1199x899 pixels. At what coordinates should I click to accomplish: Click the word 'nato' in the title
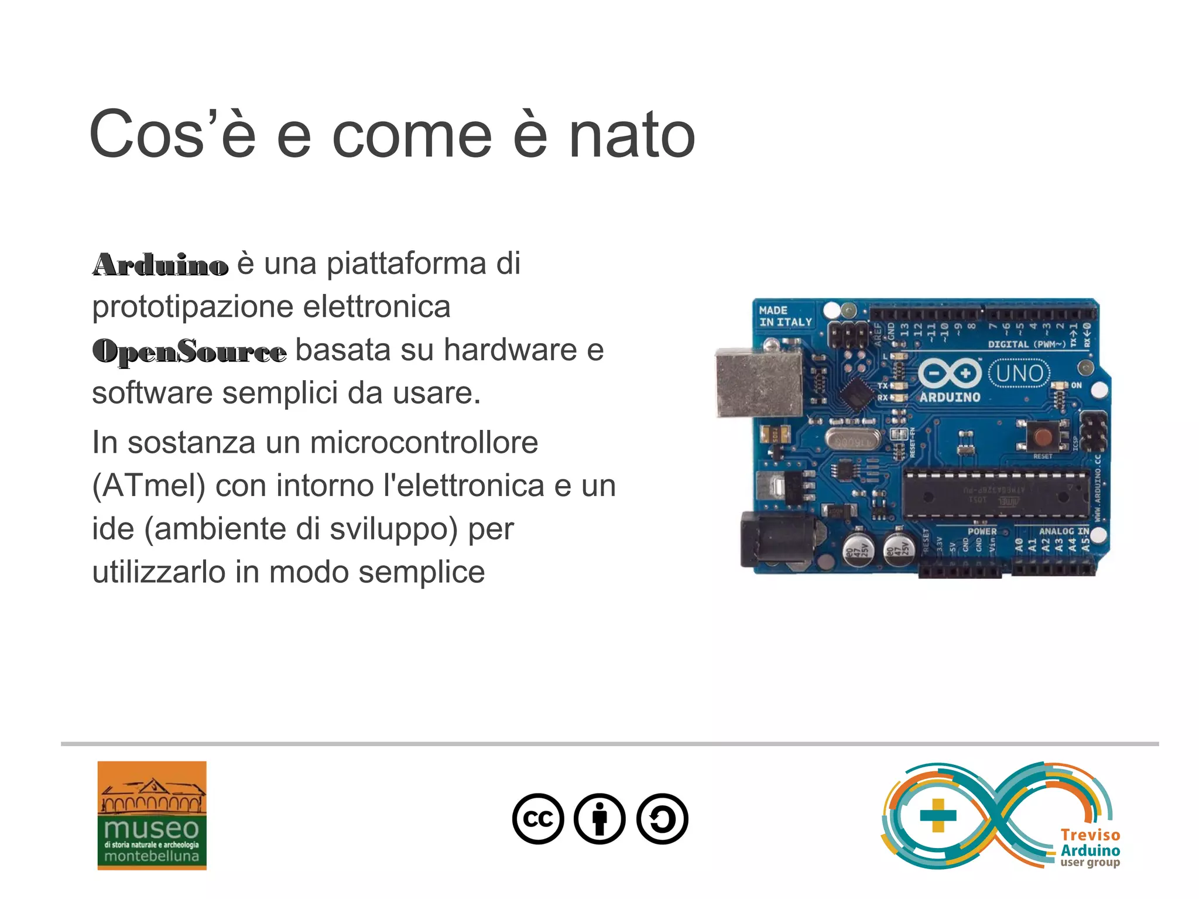(x=632, y=136)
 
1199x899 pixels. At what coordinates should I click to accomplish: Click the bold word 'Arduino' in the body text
(x=160, y=265)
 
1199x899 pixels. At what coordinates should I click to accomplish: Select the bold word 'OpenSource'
(x=190, y=351)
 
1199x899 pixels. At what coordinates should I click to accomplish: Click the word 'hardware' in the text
(x=510, y=350)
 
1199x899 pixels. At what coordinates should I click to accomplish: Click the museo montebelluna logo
(x=152, y=815)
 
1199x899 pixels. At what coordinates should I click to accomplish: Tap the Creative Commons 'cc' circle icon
(x=538, y=818)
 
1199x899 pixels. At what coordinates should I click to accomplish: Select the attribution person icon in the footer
(x=599, y=818)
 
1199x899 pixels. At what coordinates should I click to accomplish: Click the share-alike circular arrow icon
(x=662, y=818)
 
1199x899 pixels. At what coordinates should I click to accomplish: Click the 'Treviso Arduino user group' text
(x=1090, y=848)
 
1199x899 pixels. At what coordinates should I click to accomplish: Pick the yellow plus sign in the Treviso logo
(x=938, y=815)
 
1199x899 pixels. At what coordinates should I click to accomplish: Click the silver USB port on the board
(x=759, y=383)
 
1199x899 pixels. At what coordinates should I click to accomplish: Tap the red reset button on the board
(x=1043, y=436)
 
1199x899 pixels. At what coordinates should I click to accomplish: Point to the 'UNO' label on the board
(x=1019, y=373)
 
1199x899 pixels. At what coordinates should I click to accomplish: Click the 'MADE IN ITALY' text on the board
(x=785, y=316)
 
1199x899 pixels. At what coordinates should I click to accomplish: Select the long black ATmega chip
(x=995, y=494)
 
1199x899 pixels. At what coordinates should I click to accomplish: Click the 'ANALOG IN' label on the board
(x=1064, y=531)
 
